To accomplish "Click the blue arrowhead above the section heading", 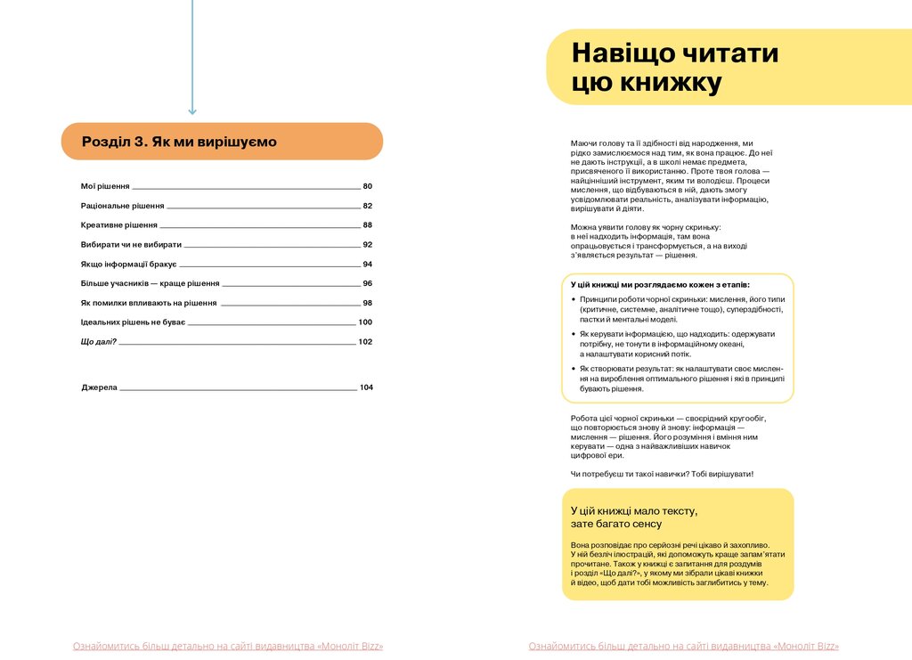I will pos(191,110).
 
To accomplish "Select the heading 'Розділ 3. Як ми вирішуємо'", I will pos(179,142).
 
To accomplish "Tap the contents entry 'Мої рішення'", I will pos(105,186).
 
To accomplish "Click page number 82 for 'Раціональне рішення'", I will pos(367,206).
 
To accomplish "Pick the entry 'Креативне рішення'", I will pos(119,225).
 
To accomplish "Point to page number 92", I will pos(367,245).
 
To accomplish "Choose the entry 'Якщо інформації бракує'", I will pos(128,265).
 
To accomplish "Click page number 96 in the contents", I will pos(367,283).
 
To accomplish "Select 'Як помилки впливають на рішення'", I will pos(149,303).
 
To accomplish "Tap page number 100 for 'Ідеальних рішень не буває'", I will pos(365,322).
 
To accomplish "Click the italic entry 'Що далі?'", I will pos(99,342).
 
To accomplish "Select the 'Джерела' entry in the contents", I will pos(99,387).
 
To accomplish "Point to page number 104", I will pos(365,387).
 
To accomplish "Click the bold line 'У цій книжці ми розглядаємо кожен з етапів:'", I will pos(660,285).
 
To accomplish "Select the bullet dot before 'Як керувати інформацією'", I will pos(573,334).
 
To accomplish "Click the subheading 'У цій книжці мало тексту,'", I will pos(633,510).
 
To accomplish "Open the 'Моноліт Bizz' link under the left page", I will pos(228,647).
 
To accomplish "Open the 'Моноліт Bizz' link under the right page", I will pos(683,647).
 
